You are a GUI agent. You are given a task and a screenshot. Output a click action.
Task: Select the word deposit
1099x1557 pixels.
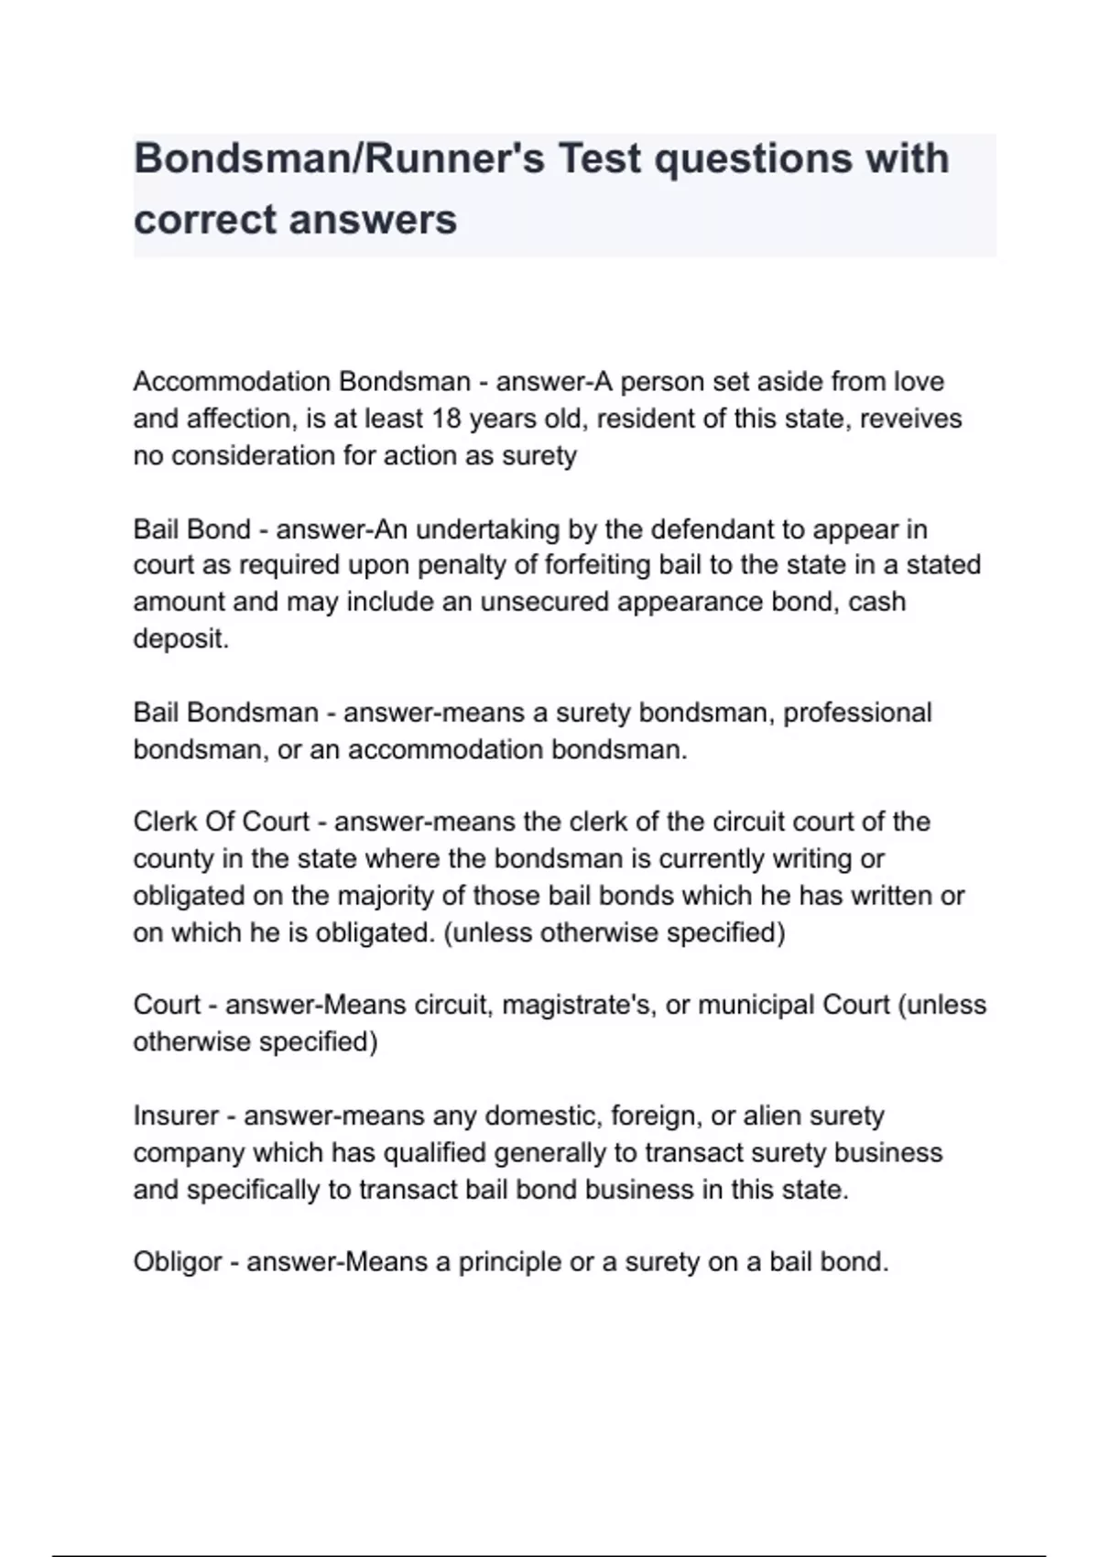click(180, 638)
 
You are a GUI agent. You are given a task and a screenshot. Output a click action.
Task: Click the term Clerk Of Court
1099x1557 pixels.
click(221, 822)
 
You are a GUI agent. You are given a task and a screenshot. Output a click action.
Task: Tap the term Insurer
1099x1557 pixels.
click(176, 1116)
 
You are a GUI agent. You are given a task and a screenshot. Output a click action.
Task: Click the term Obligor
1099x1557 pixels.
click(178, 1262)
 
